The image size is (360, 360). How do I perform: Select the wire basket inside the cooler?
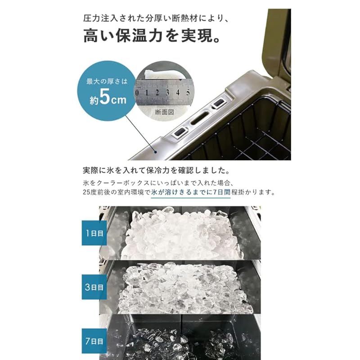pyautogui.click(x=252, y=130)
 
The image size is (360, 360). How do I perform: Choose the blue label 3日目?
pyautogui.click(x=94, y=286)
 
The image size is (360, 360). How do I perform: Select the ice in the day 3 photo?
pyautogui.click(x=180, y=288)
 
